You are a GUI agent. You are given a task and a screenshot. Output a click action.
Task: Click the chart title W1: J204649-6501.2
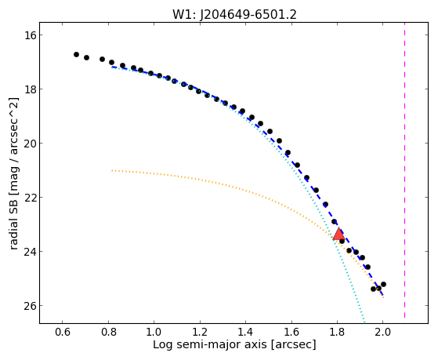[x=234, y=14]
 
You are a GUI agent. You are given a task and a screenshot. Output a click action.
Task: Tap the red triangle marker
[x=338, y=235]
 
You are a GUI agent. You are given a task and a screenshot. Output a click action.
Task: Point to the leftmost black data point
[x=76, y=55]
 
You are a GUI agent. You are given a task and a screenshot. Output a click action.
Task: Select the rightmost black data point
[x=383, y=284]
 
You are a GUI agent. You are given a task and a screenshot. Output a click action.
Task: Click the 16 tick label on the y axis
[x=30, y=35]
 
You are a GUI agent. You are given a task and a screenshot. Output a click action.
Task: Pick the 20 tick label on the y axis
[x=30, y=144]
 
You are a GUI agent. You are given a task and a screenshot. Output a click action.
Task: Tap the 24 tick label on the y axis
[x=30, y=252]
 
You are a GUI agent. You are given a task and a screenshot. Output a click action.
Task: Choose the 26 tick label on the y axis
[x=30, y=306]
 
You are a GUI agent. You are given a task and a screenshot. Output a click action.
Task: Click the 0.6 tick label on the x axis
[x=63, y=332]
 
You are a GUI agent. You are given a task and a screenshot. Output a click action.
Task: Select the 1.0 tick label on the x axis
[x=154, y=332]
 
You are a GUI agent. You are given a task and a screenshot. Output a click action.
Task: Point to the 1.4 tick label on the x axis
[x=245, y=332]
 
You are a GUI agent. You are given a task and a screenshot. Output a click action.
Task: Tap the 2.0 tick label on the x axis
[x=382, y=332]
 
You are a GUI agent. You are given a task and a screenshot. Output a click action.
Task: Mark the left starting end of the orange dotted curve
[x=112, y=170]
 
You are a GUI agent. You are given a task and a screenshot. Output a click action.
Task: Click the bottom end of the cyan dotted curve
[x=364, y=321]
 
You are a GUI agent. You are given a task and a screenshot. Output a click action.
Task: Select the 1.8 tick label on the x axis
[x=337, y=332]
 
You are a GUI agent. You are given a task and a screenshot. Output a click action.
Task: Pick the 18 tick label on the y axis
[x=30, y=89]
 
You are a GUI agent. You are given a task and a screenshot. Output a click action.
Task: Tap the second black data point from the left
[x=87, y=57]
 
